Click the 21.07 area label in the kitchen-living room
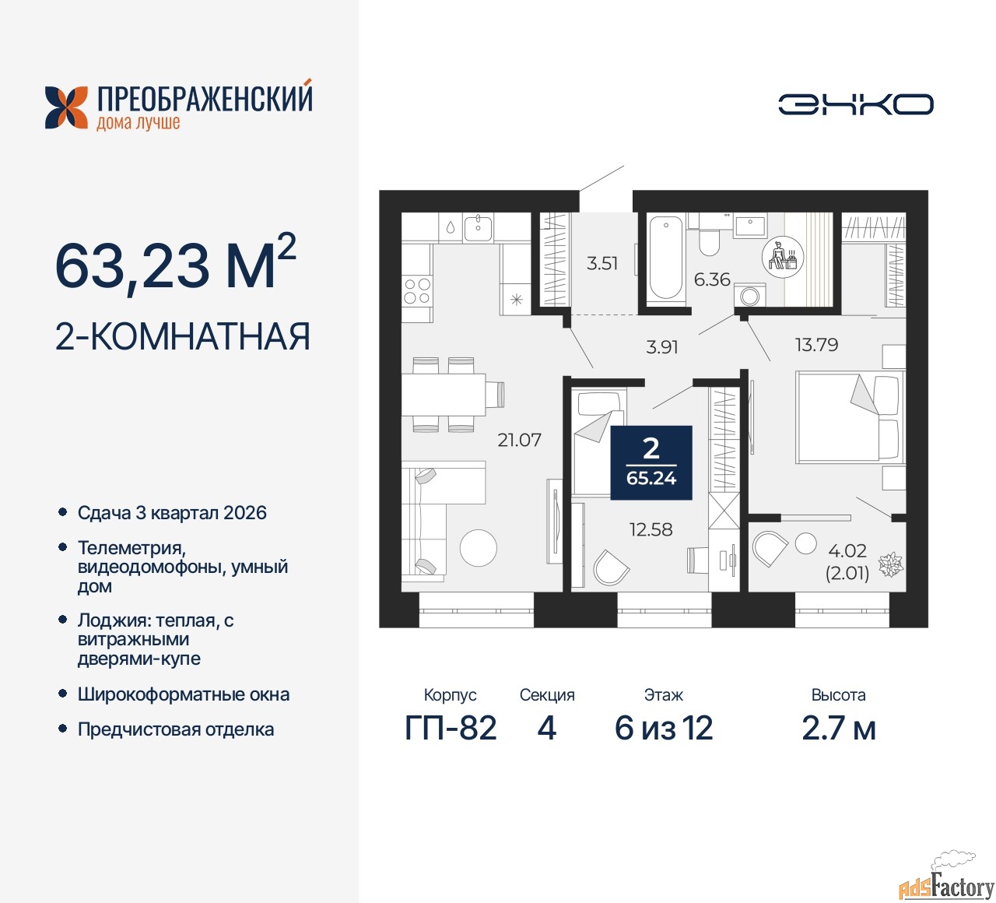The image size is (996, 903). pyautogui.click(x=519, y=440)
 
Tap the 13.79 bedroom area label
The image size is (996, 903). pyautogui.click(x=816, y=344)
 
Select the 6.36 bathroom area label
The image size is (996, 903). pyautogui.click(x=712, y=279)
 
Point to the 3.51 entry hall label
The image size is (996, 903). pyautogui.click(x=601, y=263)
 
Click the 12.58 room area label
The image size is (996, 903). pyautogui.click(x=651, y=529)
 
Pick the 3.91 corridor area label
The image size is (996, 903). pyautogui.click(x=662, y=346)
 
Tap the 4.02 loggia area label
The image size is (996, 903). pyautogui.click(x=847, y=551)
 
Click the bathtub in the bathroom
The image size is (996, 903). pyautogui.click(x=666, y=258)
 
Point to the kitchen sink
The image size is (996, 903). pyautogui.click(x=478, y=228)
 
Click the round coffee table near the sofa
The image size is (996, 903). pyautogui.click(x=478, y=548)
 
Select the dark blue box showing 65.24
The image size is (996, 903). pyautogui.click(x=651, y=462)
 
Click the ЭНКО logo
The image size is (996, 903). pyautogui.click(x=855, y=104)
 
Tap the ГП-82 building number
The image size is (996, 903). pyautogui.click(x=451, y=728)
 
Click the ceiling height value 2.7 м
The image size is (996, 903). pyautogui.click(x=838, y=728)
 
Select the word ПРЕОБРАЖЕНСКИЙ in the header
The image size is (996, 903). pyautogui.click(x=205, y=98)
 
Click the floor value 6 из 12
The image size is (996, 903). pyautogui.click(x=663, y=728)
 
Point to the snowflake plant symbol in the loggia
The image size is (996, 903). pyautogui.click(x=891, y=564)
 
